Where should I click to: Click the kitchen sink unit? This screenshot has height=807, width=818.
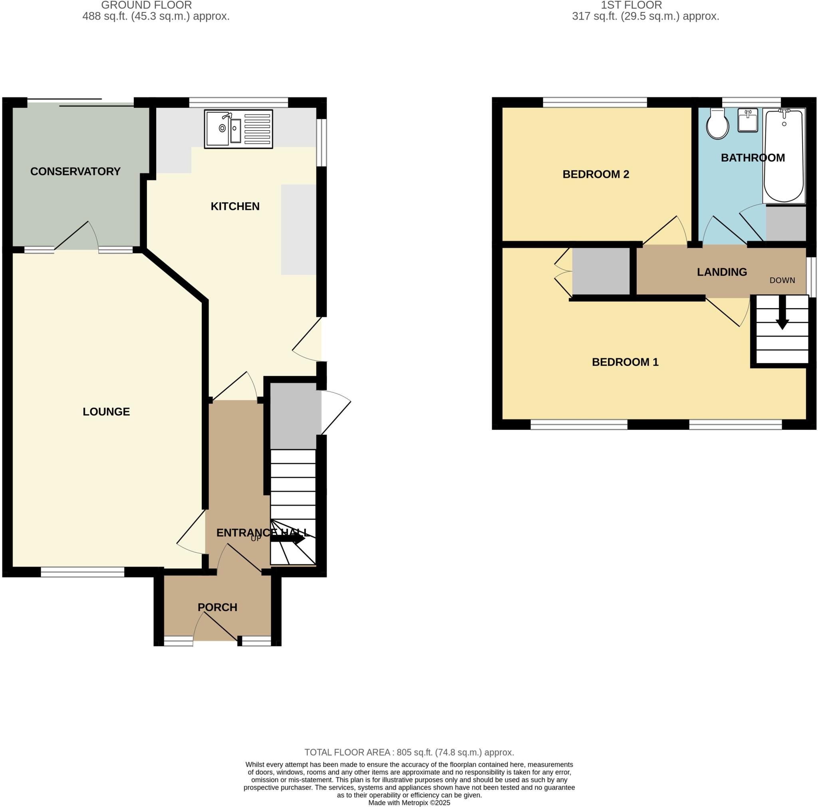[238, 129]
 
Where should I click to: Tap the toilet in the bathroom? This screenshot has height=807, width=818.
[717, 123]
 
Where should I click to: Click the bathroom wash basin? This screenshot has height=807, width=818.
[747, 120]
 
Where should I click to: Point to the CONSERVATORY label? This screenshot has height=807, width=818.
[75, 171]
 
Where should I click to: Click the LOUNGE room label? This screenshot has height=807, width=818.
[106, 412]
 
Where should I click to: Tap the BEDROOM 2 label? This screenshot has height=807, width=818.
[595, 174]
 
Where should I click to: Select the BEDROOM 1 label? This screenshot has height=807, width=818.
[625, 362]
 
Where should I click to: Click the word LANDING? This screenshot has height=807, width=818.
[721, 272]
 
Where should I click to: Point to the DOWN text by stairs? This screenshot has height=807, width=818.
[782, 281]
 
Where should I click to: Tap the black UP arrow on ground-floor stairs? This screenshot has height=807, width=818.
[288, 539]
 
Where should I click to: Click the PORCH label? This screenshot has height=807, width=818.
[217, 607]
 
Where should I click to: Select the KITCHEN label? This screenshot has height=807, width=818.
[235, 206]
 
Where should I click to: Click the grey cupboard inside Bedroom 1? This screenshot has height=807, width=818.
[601, 271]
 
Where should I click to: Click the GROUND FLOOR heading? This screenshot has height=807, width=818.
[147, 6]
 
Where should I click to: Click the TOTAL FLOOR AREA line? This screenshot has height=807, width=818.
[409, 752]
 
